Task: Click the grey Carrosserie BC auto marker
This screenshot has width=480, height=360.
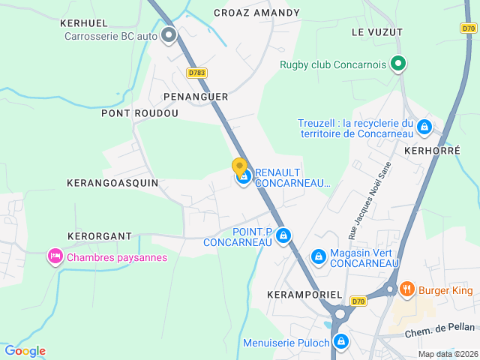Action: coord(169,34)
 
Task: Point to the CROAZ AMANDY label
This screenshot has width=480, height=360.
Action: coord(256,13)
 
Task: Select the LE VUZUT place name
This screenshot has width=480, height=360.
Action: coord(376,32)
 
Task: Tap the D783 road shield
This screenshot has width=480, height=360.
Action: coord(196,73)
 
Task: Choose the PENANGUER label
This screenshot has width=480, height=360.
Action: coord(196,97)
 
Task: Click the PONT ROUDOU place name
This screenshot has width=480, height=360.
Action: coord(140,113)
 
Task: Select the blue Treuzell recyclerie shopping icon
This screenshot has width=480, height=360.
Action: coord(424,127)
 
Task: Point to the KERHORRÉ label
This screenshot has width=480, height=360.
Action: coord(431,150)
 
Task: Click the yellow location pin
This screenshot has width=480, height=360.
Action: coord(239,166)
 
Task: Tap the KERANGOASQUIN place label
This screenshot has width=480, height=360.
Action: coord(112,182)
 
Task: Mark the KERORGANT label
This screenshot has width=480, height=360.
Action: coord(100,235)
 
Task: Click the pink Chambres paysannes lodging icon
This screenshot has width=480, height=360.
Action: coord(55,257)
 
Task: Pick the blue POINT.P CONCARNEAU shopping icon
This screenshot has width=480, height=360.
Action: coord(283,236)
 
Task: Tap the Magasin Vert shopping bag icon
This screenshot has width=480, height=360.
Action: coord(319,257)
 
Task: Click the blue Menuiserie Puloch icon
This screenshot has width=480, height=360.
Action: coord(341,343)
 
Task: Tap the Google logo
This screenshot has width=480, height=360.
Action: coord(25,350)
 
